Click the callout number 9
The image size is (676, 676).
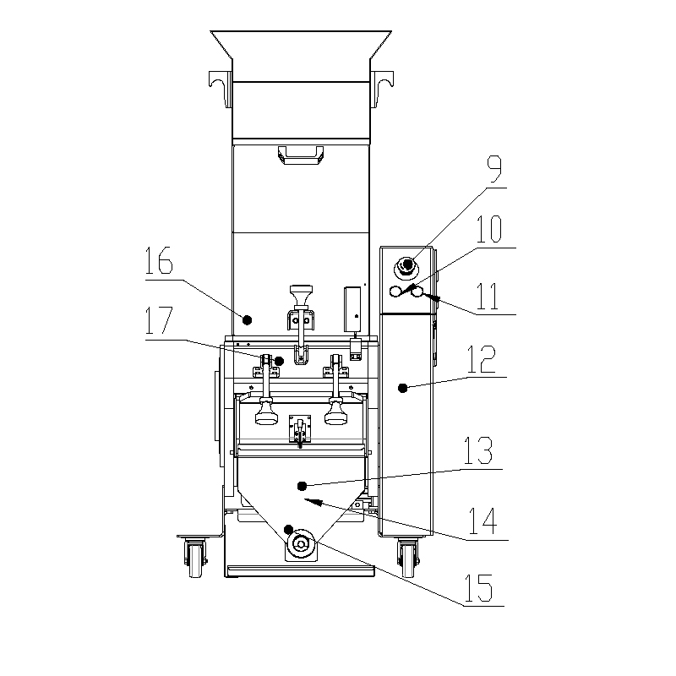[x=495, y=170]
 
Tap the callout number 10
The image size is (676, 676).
[x=489, y=229]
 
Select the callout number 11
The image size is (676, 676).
[x=488, y=297]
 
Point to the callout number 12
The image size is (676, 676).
[x=482, y=359]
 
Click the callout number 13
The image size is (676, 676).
[x=477, y=450]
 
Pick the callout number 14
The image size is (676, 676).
[x=482, y=521]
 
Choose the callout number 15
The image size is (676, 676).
[x=478, y=587]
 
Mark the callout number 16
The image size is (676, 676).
[x=159, y=260]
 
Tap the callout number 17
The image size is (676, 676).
[x=159, y=320]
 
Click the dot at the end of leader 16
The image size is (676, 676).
[x=247, y=320]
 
